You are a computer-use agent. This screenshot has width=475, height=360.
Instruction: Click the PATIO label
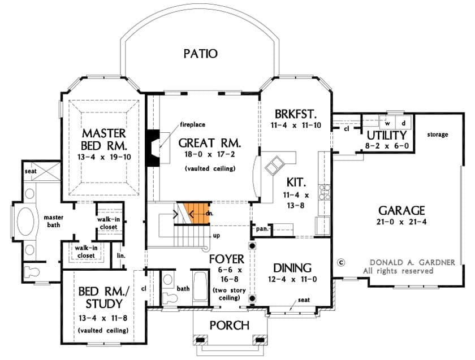[200, 54]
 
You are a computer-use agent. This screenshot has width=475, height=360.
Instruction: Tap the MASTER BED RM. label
[103, 139]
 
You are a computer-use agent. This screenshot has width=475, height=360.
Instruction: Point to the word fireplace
[192, 124]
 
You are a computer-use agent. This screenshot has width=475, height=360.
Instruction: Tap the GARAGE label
[402, 210]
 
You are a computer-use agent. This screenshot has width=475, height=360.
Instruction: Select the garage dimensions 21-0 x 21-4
[402, 222]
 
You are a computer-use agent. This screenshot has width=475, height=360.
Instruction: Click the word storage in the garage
[438, 135]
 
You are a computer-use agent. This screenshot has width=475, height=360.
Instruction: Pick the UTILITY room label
[386, 136]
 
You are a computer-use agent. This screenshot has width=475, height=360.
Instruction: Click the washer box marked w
[387, 123]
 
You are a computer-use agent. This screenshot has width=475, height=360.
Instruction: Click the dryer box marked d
[403, 123]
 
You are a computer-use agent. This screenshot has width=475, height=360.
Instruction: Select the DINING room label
[292, 267]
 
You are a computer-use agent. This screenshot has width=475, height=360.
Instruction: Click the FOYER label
[226, 259]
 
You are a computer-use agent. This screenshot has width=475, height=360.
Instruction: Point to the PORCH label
[229, 325]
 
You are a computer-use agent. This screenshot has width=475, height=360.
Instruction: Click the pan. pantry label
[262, 229]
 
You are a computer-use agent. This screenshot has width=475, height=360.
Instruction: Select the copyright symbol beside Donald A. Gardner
[340, 262]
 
